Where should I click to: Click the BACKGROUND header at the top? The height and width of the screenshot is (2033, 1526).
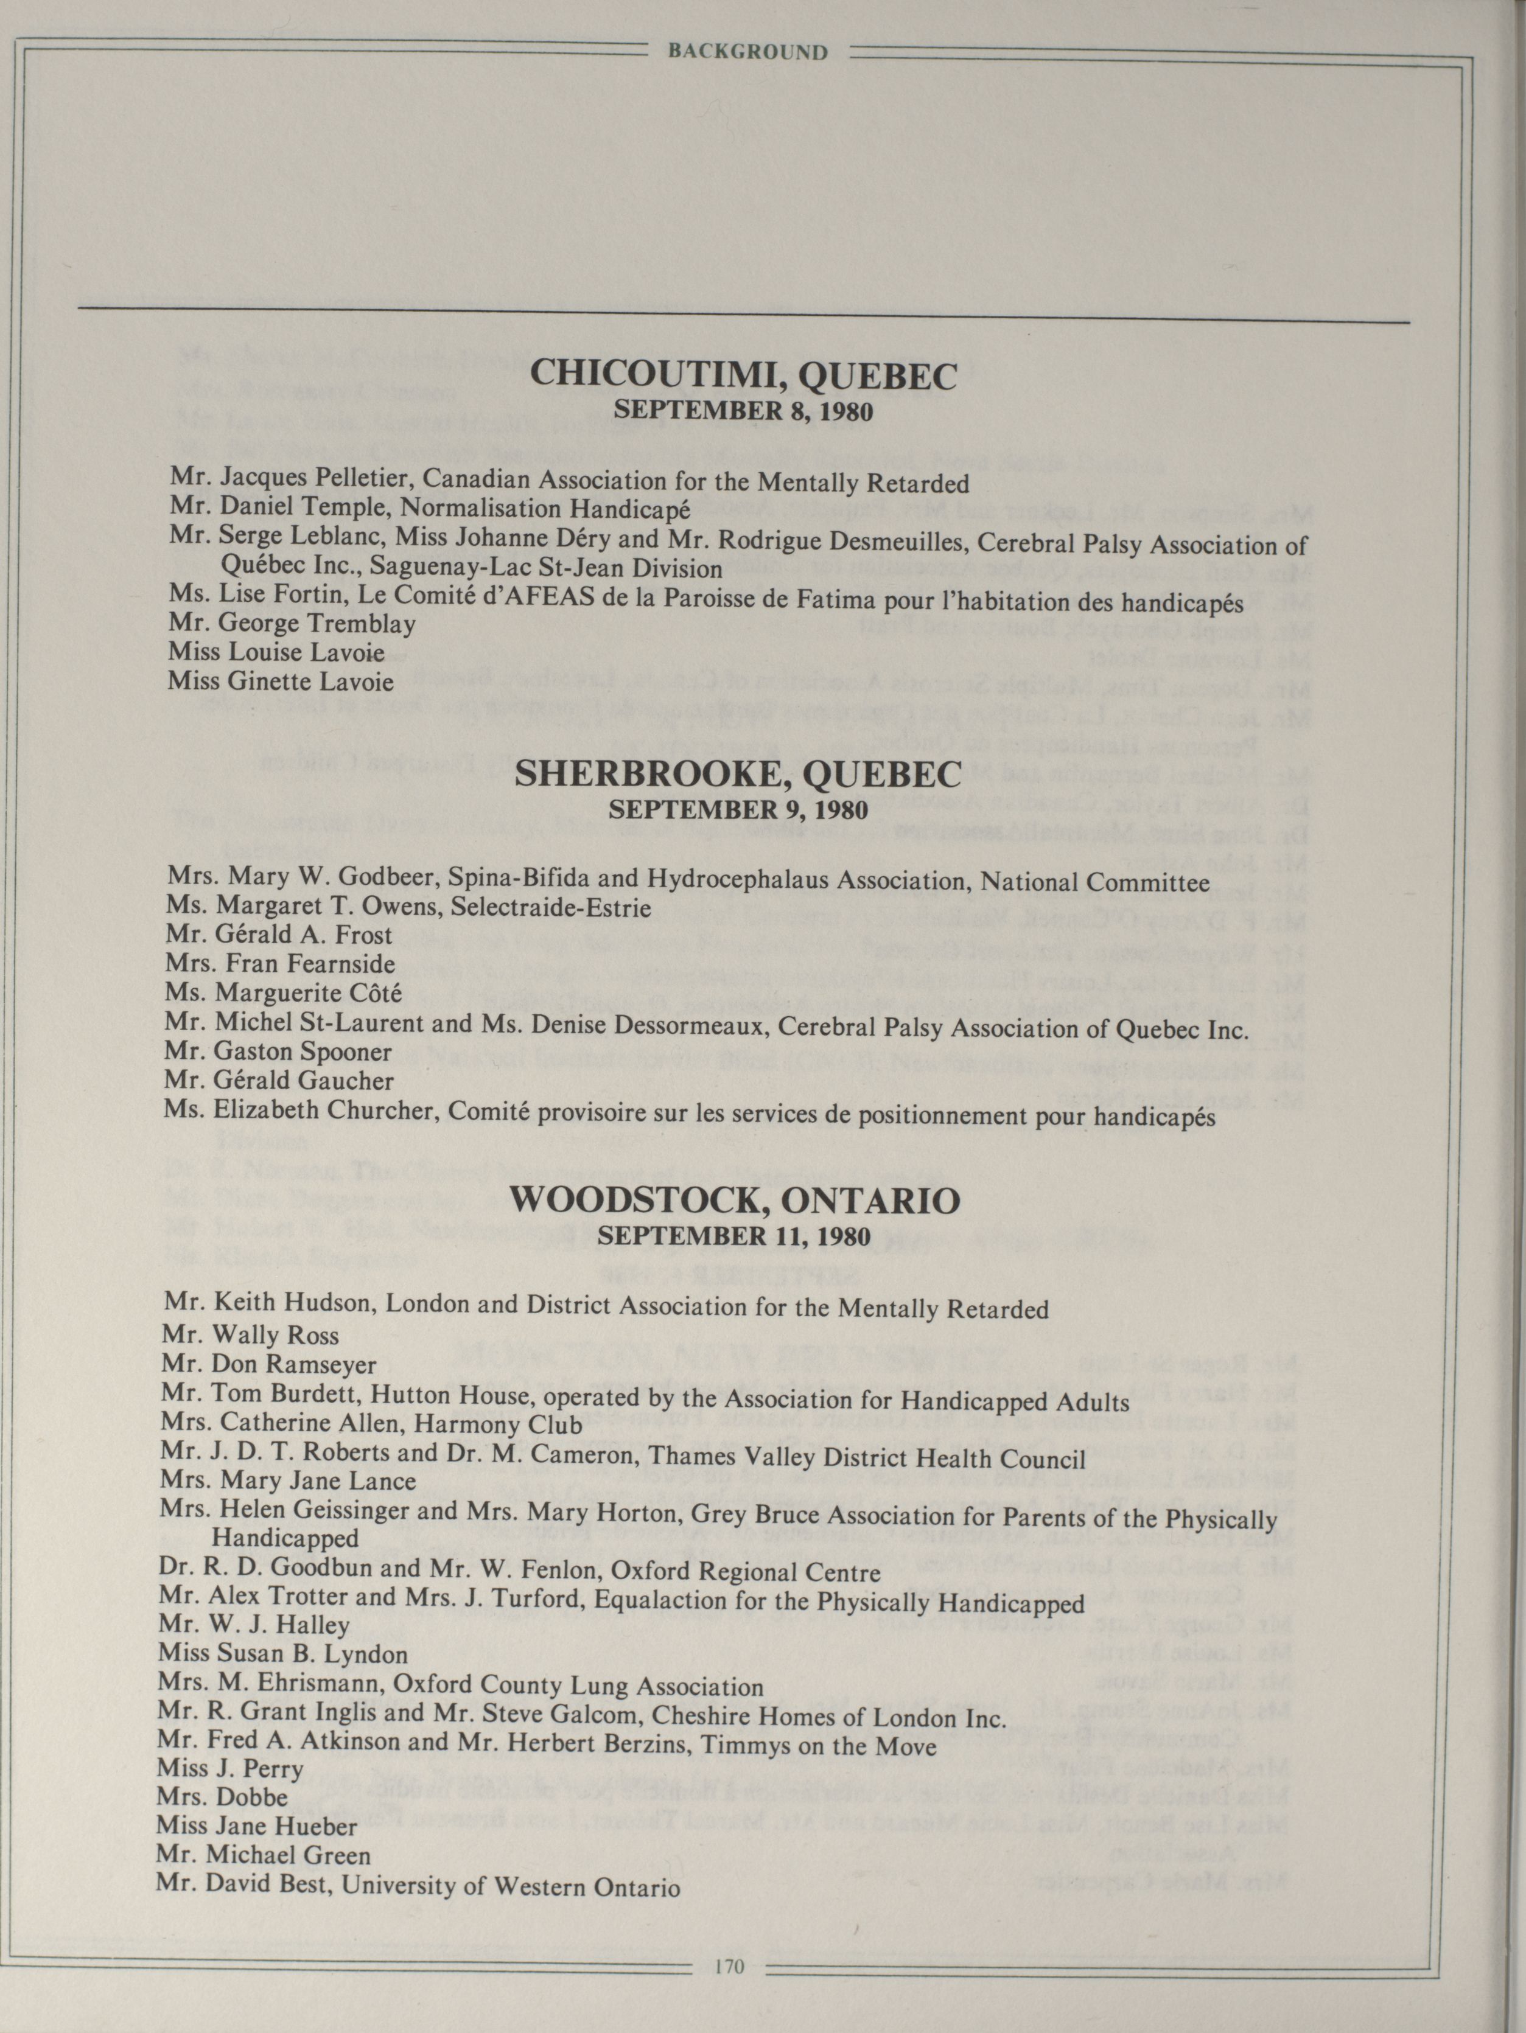coord(747,52)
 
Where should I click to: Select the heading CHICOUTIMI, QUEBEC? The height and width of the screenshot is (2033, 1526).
coord(744,376)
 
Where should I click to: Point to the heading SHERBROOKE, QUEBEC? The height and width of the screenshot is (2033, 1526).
coord(738,775)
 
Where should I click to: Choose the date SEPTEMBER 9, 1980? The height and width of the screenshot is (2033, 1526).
coord(738,811)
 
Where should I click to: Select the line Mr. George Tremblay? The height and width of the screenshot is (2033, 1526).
coord(292,624)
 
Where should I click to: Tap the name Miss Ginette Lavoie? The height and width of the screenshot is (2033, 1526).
coord(281,682)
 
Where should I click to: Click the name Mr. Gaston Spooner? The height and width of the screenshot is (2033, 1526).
coord(279,1051)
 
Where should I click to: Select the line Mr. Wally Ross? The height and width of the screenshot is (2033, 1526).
coord(250,1336)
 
